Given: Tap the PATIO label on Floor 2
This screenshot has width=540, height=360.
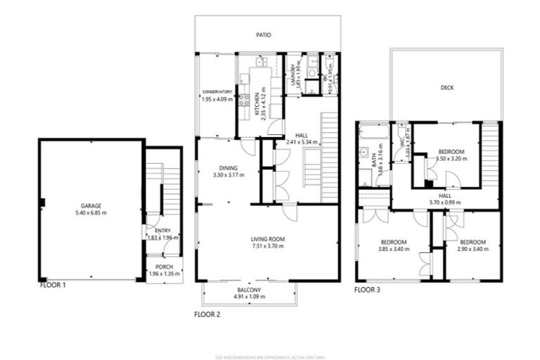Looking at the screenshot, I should [264, 34].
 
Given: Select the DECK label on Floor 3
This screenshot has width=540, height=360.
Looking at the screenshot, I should [447, 88].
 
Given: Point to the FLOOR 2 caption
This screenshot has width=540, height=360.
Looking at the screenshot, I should [207, 314].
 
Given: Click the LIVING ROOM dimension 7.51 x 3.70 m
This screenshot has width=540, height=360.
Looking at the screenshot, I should [266, 247].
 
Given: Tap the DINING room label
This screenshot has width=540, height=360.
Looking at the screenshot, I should [228, 168].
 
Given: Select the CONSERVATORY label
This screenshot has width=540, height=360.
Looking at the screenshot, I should [217, 92].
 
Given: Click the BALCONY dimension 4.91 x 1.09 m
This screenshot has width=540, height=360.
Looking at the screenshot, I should [249, 297].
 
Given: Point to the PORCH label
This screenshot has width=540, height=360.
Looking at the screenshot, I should [164, 267].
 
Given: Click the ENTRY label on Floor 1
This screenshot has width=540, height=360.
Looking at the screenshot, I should [162, 230].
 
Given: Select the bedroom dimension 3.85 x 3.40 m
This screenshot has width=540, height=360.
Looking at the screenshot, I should [393, 249].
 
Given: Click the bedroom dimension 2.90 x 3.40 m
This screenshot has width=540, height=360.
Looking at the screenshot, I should [472, 249].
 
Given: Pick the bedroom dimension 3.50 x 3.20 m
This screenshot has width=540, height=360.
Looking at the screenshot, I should [451, 160].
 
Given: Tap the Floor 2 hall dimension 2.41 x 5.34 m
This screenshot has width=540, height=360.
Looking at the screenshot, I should [302, 142].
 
